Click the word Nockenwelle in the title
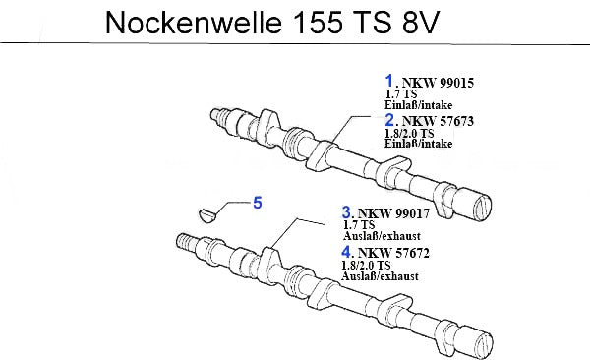tap(194, 23)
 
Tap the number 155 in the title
tap(317, 23)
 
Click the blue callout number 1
tap(389, 81)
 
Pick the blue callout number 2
tap(389, 120)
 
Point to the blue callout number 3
tap(346, 212)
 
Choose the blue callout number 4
tap(346, 252)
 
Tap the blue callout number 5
tap(258, 203)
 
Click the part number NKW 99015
tap(438, 83)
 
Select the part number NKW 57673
tap(438, 121)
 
